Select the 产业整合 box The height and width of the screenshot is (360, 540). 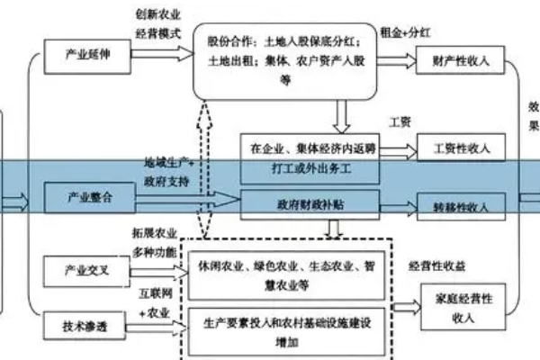tap(89, 197)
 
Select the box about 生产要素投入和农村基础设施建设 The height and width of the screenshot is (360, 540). tap(287, 326)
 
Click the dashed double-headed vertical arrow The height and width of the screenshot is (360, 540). tap(205, 171)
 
